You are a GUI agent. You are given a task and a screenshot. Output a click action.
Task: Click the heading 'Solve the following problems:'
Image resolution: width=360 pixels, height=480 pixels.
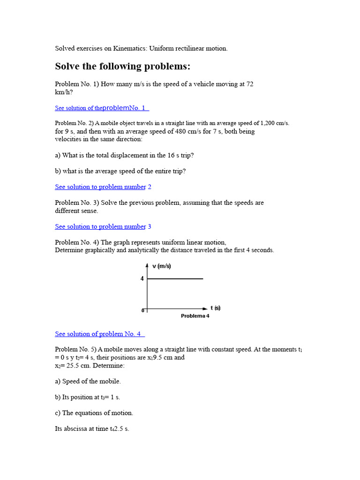123,67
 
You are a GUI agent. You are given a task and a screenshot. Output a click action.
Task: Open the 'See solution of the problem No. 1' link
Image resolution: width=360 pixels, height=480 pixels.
102,108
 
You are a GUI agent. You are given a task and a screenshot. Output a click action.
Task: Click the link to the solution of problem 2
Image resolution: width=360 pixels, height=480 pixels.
103,187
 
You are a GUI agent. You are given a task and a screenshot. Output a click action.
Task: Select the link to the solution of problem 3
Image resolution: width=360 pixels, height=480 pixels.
103,226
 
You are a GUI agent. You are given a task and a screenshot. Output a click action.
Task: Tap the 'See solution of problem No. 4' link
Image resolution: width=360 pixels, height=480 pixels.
99,334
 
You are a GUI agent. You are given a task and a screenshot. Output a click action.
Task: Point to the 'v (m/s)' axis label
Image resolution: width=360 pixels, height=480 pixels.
162,266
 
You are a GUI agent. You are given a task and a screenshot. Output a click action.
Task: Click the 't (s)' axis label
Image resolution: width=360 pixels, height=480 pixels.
215,308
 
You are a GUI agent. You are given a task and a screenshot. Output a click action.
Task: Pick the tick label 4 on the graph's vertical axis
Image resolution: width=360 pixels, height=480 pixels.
142,279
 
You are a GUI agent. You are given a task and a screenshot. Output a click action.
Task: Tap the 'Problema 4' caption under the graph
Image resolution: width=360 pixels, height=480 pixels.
195,316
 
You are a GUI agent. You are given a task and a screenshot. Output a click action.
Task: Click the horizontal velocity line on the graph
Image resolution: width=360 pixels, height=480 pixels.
175,279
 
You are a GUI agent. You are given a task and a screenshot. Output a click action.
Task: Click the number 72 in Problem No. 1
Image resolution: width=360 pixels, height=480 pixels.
250,84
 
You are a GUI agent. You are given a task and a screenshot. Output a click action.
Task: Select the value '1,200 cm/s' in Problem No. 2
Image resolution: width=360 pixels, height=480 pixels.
273,123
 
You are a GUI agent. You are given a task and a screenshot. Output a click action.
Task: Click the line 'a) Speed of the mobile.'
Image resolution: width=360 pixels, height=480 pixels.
88,382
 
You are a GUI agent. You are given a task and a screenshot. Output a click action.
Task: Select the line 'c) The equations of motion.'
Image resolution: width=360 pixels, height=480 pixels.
94,413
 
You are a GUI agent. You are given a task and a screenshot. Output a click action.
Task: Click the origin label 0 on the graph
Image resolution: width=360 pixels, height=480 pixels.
143,310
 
